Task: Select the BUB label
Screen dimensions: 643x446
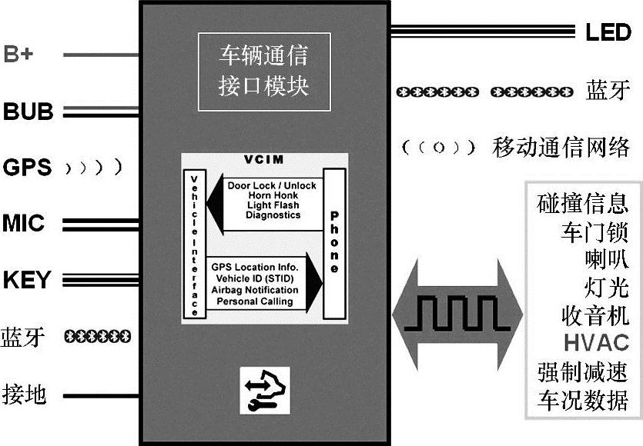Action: click(28, 111)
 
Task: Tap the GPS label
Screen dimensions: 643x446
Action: click(27, 167)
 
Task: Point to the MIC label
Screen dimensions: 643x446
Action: click(24, 225)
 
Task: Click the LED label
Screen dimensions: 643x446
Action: click(608, 32)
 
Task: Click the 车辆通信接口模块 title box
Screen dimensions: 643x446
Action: click(263, 70)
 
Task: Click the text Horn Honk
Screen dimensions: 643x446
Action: click(262, 195)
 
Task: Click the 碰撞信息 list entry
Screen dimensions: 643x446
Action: click(583, 204)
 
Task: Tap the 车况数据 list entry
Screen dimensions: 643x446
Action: click(583, 400)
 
